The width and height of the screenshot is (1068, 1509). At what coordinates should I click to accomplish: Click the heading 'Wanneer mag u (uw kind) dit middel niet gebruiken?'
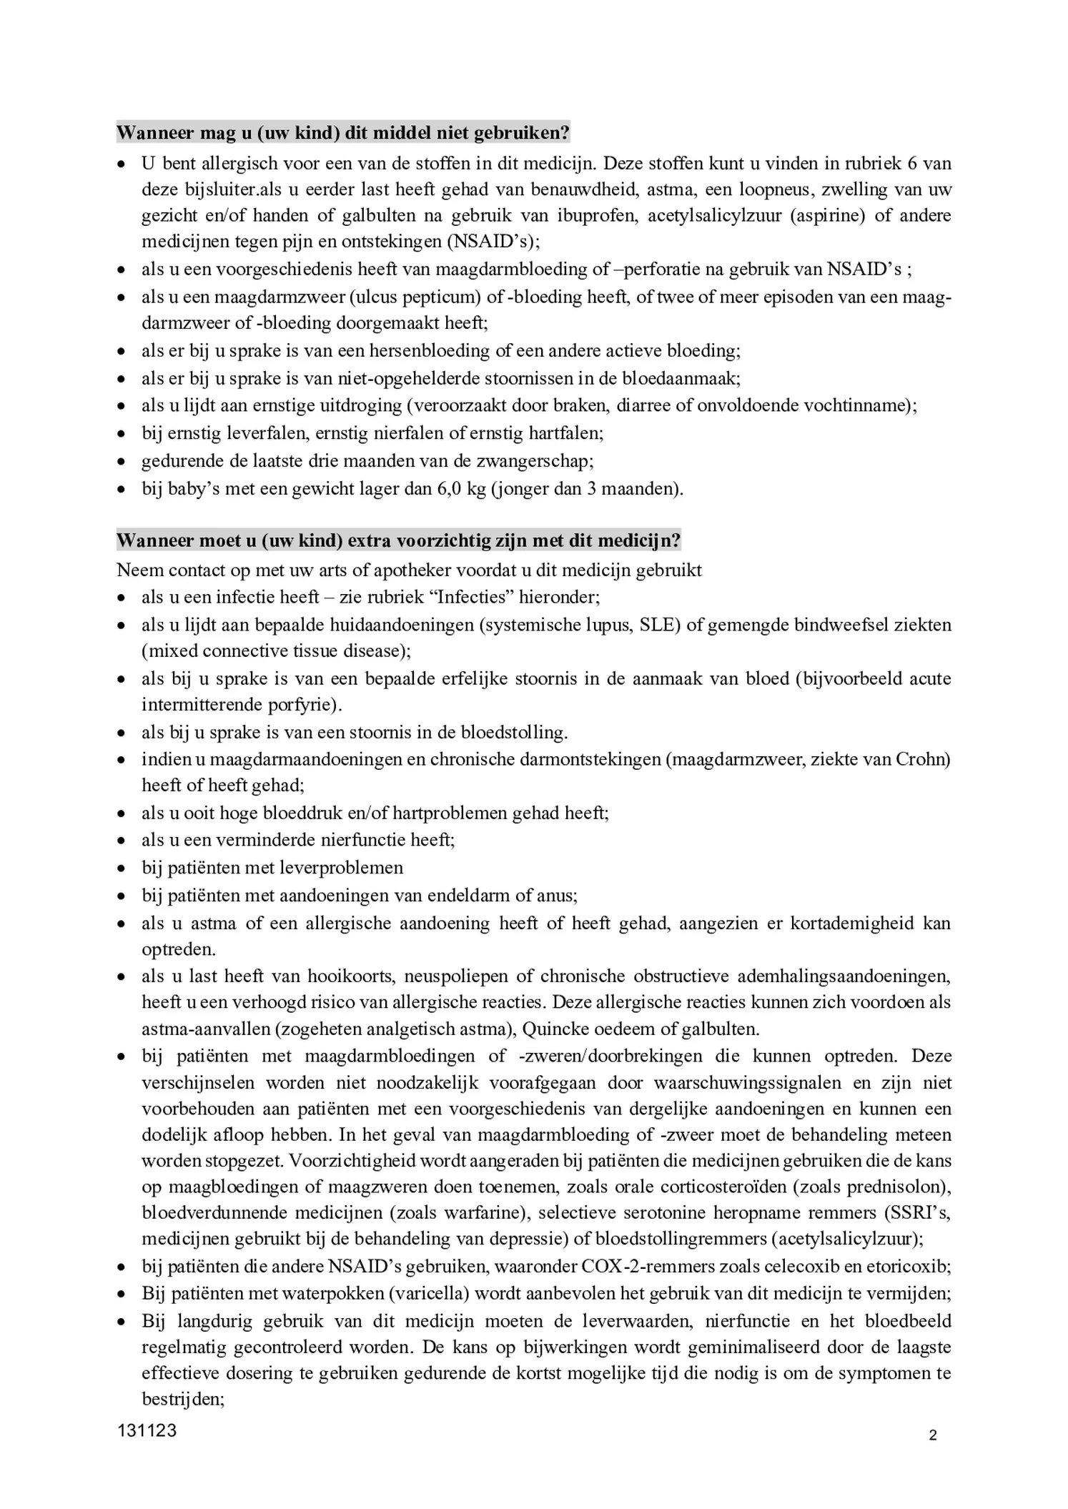[x=343, y=133]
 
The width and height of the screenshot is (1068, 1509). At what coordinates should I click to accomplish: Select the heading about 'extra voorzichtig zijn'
[x=398, y=540]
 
